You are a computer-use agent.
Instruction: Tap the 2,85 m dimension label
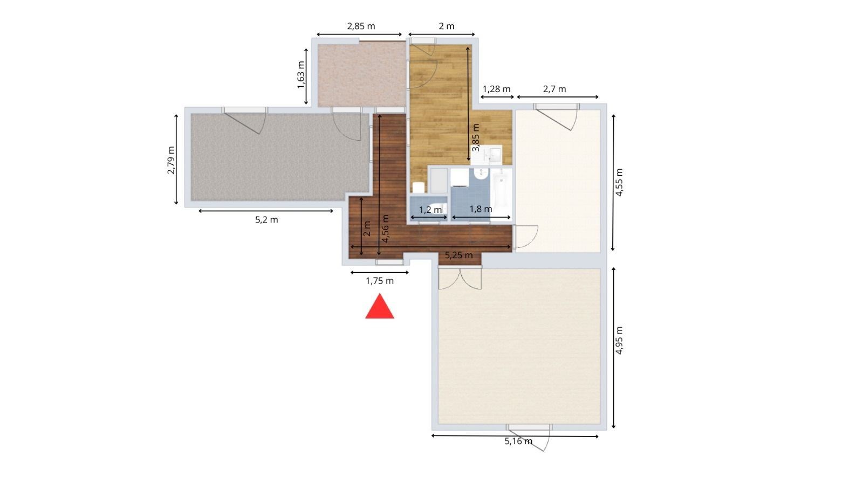[361, 26]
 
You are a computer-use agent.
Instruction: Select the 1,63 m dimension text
[302, 75]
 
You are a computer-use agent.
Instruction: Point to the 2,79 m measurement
[171, 160]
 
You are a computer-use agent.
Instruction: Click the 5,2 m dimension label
[266, 220]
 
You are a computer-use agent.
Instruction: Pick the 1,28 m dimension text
[497, 89]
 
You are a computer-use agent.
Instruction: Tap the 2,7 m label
[554, 89]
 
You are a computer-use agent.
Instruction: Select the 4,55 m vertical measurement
[619, 183]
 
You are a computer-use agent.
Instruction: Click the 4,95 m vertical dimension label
[619, 340]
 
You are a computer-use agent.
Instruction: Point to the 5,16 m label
[518, 441]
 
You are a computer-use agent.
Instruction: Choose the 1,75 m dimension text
[380, 281]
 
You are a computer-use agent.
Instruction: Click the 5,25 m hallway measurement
[459, 255]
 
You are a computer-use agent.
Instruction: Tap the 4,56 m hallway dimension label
[385, 228]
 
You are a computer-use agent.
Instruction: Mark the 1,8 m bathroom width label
[481, 209]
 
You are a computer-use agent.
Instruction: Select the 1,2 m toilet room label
[430, 210]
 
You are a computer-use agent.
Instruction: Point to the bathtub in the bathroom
[501, 191]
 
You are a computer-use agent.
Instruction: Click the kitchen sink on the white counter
[495, 154]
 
